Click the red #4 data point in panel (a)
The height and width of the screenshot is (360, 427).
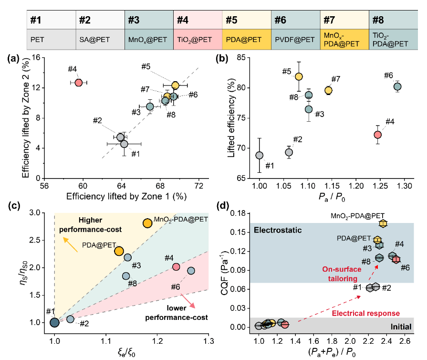pos(79,83)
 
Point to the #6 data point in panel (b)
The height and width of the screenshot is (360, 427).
pos(397,86)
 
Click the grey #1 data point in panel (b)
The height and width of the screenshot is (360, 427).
pos(259,155)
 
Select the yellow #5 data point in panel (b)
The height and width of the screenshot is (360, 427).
pos(299,76)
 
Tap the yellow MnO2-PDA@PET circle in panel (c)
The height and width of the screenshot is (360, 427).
pos(147,223)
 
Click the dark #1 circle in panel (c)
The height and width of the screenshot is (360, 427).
pos(55,322)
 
